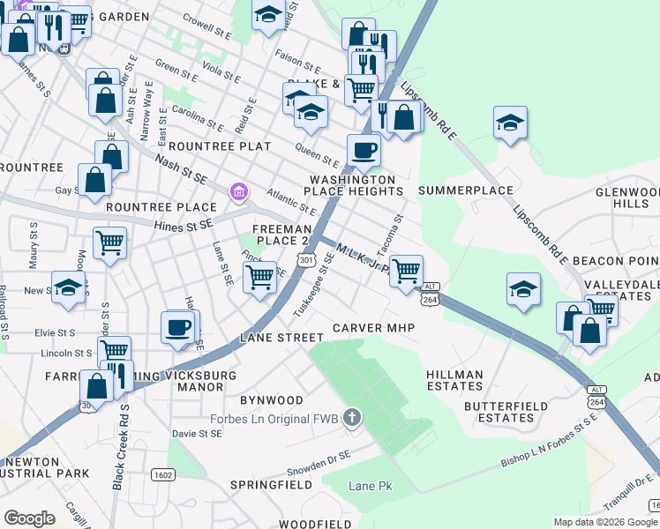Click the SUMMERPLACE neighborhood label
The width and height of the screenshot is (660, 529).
465,190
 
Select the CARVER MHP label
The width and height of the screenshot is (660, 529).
373,328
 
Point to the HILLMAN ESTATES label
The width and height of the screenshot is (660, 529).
454,380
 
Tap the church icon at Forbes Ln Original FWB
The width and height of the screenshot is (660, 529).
352,417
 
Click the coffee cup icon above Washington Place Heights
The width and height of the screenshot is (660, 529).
364,149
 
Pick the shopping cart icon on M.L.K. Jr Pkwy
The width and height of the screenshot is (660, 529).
406,270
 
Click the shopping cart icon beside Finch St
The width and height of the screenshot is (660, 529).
259,276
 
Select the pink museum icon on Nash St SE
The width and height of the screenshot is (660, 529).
237,190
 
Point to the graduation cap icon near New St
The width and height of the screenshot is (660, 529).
68,287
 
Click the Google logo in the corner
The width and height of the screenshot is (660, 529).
29,518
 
